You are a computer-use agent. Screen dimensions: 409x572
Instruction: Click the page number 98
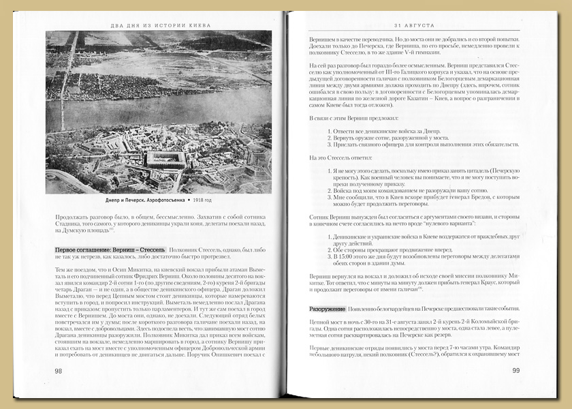point(59,371)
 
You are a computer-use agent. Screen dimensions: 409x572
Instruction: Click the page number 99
point(515,371)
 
